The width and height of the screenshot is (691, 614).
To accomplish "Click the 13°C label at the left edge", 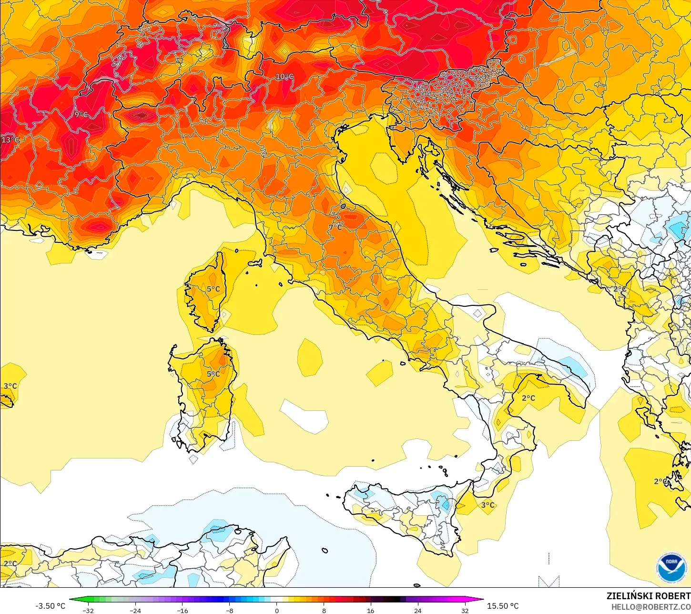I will (x=10, y=140).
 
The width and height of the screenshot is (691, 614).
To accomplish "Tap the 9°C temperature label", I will (x=81, y=114).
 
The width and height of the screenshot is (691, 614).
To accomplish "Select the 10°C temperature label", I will (x=285, y=76).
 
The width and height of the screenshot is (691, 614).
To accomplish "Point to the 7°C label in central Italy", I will (x=336, y=227).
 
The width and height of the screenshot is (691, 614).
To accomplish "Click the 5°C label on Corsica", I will (x=213, y=289).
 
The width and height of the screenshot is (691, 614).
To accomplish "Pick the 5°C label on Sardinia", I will (x=213, y=374).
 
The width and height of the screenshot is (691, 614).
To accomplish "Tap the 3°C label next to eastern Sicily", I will (x=488, y=505).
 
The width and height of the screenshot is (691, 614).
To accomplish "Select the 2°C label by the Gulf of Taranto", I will (x=528, y=398).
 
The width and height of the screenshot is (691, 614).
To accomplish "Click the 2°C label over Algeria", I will (x=10, y=563).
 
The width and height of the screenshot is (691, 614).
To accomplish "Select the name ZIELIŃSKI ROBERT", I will (x=648, y=596).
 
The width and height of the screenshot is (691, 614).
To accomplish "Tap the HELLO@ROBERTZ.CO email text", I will (x=651, y=607).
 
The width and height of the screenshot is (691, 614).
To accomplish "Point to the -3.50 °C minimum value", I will (x=51, y=606).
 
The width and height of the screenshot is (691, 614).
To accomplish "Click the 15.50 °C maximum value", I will (x=503, y=606).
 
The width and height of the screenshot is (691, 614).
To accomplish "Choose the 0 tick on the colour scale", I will (x=277, y=611).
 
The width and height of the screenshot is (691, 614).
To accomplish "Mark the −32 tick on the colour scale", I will (x=88, y=611).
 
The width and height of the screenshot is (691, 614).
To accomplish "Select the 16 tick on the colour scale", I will (x=371, y=611).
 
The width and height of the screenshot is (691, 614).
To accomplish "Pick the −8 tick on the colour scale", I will (x=230, y=611).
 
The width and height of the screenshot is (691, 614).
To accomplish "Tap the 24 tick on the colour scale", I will (x=417, y=611).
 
